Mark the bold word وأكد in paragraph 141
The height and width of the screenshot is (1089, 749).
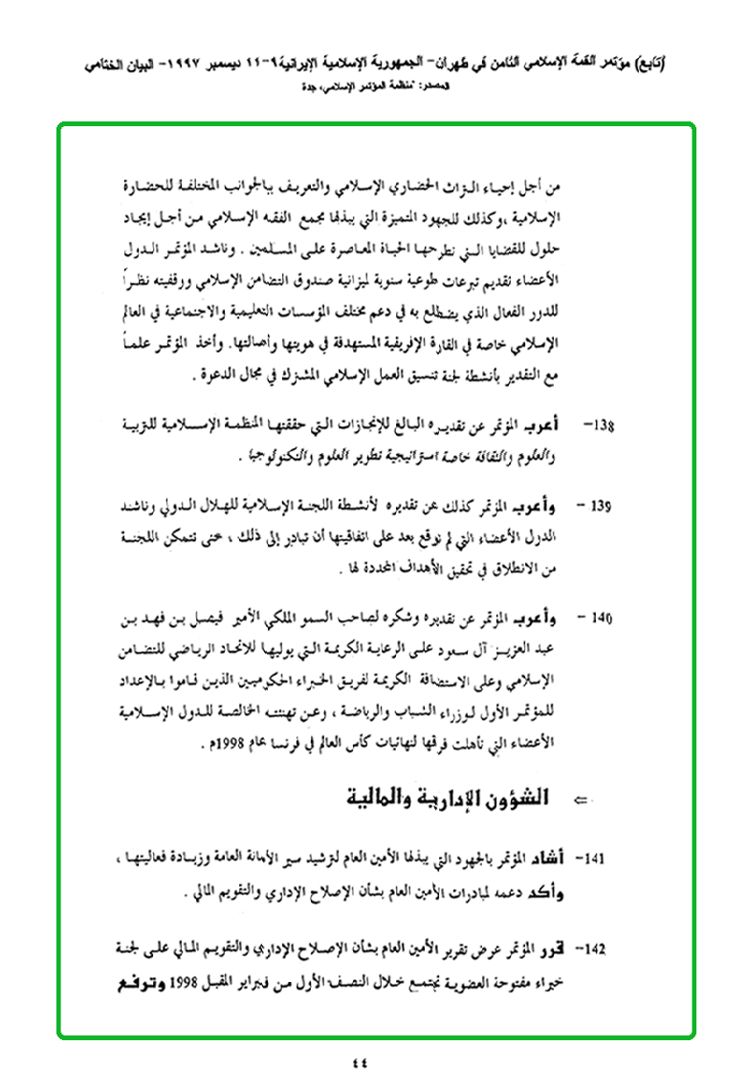pos(568,894)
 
